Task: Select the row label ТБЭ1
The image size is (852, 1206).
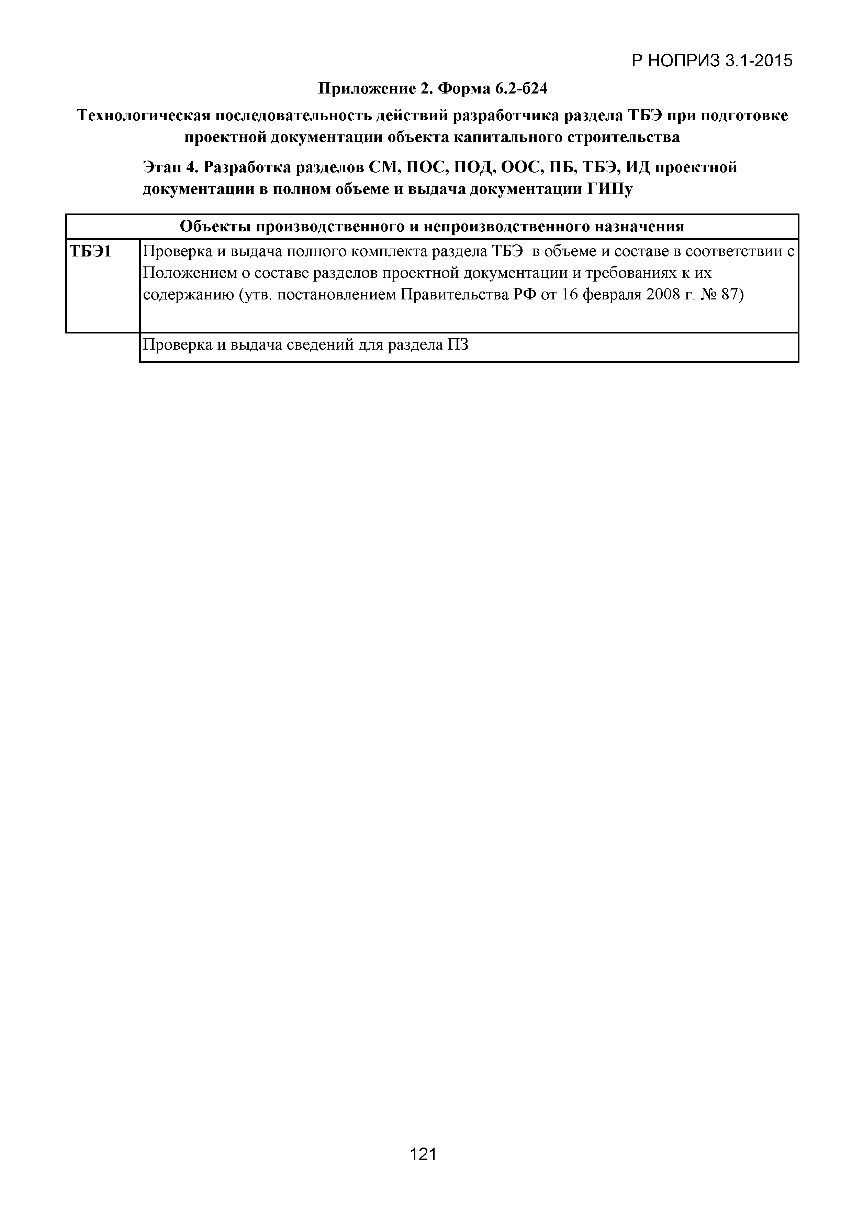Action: (x=90, y=252)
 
